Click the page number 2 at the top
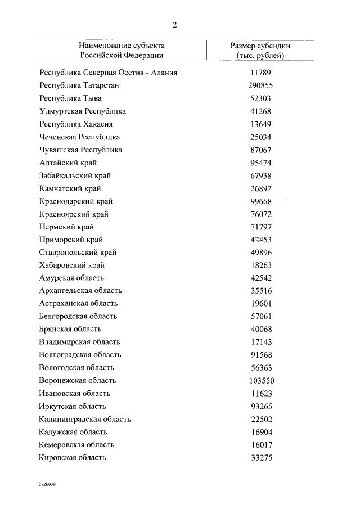[x=175, y=25]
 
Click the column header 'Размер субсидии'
[x=260, y=46]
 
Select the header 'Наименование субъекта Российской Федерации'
[x=121, y=50]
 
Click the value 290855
[x=260, y=85]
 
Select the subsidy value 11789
[x=260, y=73]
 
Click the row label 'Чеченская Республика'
[x=80, y=137]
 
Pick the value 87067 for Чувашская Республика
[x=260, y=150]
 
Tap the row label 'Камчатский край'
[x=70, y=188]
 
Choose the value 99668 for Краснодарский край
[x=260, y=201]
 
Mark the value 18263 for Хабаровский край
[x=260, y=265]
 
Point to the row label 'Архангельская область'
[x=80, y=291]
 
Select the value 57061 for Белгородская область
[x=260, y=317]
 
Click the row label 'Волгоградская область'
[x=80, y=355]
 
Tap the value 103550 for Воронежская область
[x=260, y=381]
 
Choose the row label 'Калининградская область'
[x=85, y=419]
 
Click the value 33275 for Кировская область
[x=260, y=458]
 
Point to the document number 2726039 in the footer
[x=47, y=483]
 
